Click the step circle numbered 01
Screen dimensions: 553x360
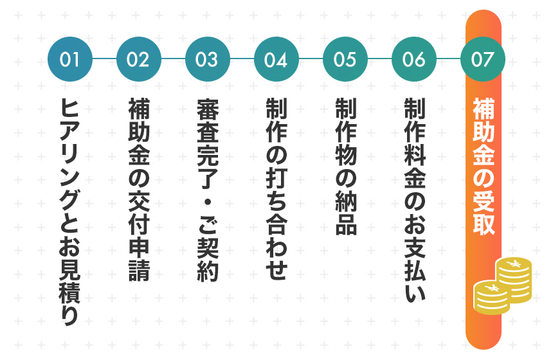70,59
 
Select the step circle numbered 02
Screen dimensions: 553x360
139,59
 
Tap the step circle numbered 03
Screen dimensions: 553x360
207,59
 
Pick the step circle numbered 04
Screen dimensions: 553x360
276,59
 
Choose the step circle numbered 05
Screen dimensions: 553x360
345,59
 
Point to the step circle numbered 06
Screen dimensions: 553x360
413,59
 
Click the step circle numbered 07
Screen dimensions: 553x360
483,59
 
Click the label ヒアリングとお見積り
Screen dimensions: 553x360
69,212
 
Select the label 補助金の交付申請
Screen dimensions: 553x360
139,190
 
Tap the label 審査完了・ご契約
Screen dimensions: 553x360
207,190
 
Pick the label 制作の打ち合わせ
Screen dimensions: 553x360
276,189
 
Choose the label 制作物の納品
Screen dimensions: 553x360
345,166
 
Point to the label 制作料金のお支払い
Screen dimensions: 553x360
414,201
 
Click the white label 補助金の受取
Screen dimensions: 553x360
484,166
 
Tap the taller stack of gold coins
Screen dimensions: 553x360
514,280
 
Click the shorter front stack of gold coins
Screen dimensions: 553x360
492,297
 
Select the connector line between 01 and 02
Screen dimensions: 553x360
104,59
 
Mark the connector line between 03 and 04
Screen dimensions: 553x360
242,59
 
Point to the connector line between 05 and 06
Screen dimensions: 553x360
379,59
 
